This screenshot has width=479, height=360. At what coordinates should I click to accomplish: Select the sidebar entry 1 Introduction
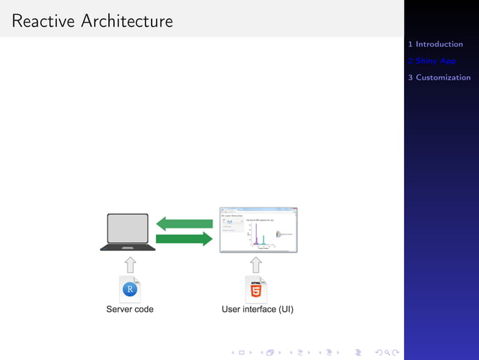click(439, 44)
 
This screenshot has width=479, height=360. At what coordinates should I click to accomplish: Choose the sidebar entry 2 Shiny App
click(435, 61)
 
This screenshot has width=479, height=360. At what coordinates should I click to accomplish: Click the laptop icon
click(128, 231)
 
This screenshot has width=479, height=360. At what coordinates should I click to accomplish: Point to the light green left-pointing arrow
click(185, 223)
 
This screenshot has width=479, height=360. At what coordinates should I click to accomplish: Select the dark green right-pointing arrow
click(185, 239)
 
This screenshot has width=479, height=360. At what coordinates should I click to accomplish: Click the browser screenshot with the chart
click(258, 229)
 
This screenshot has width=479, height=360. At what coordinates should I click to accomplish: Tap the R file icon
click(130, 289)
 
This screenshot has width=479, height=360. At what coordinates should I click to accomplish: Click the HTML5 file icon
click(256, 289)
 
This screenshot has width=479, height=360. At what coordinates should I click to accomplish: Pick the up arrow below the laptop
click(130, 264)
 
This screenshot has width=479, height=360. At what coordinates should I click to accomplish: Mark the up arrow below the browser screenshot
click(256, 264)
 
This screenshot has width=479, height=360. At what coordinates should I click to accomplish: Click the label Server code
click(130, 309)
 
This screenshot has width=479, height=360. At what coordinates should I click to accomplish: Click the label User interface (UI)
click(258, 309)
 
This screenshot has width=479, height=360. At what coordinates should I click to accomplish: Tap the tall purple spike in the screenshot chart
click(255, 234)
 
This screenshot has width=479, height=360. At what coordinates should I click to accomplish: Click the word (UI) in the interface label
click(286, 309)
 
